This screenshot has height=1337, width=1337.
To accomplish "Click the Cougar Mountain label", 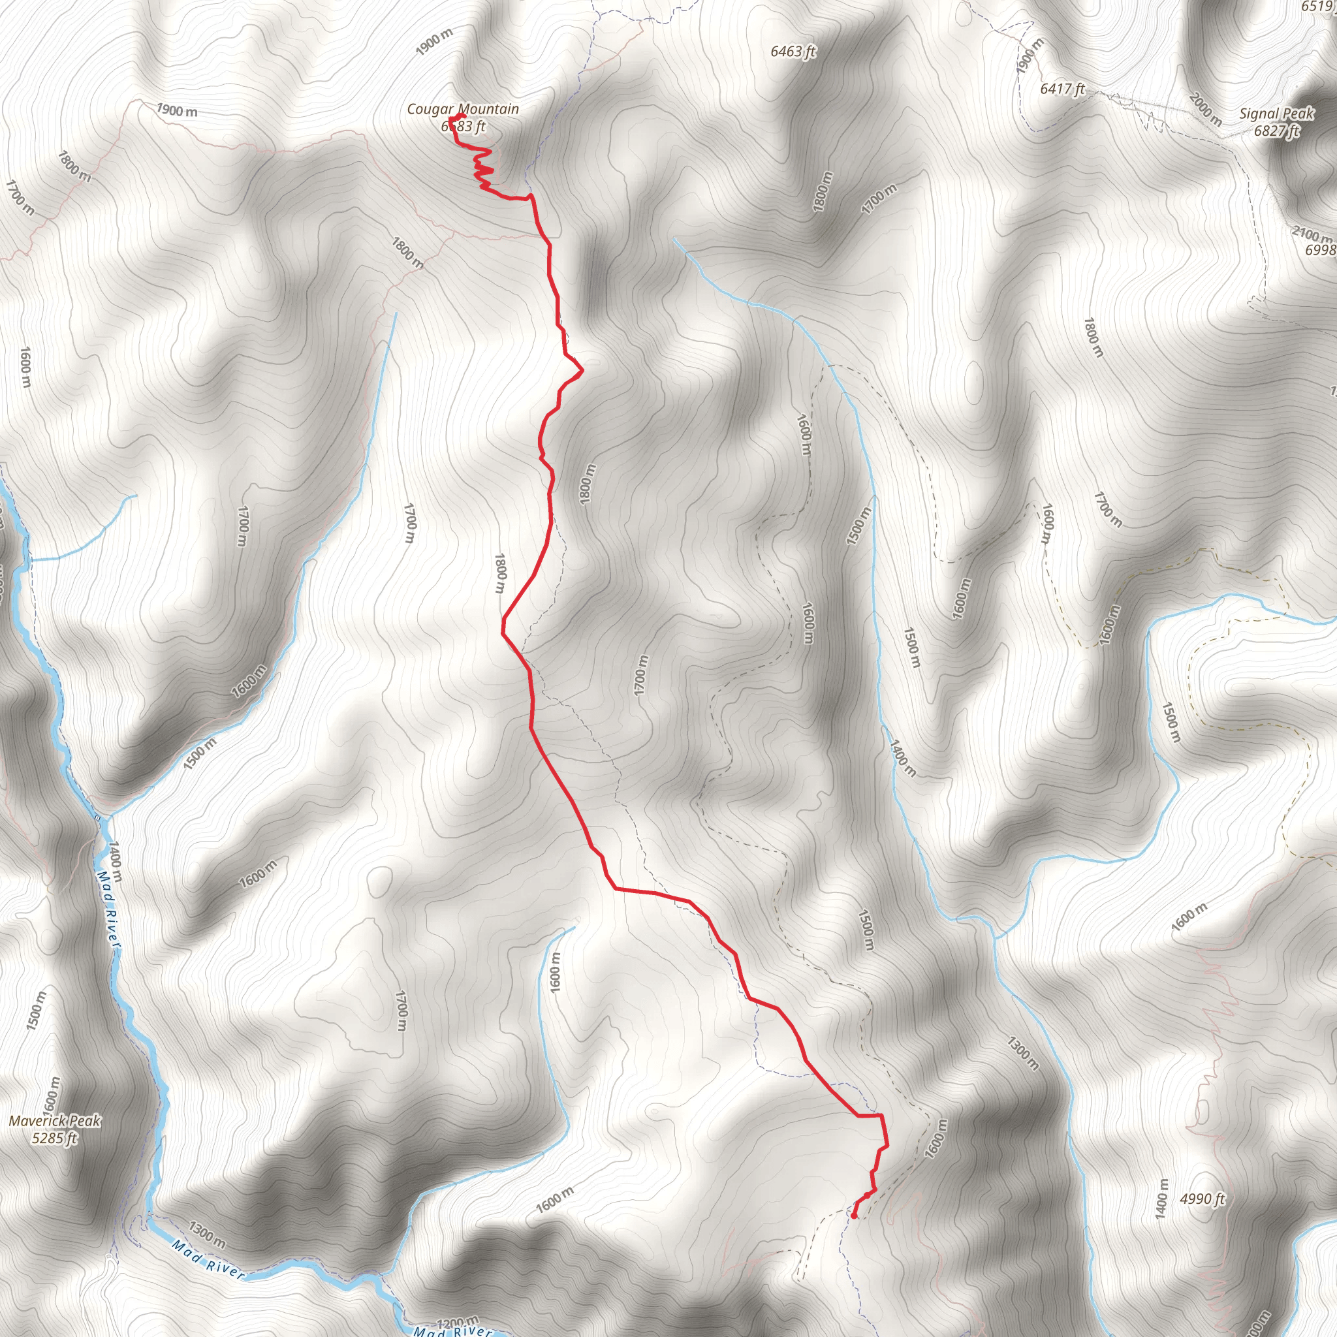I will pyautogui.click(x=462, y=108).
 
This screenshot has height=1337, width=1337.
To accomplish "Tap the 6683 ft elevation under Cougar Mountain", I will pyautogui.click(x=464, y=126).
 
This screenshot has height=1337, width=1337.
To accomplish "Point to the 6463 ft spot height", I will pyautogui.click(x=793, y=51).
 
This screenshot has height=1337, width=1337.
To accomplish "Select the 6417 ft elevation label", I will pyautogui.click(x=1062, y=89).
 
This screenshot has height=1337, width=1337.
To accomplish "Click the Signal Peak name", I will pyautogui.click(x=1276, y=114).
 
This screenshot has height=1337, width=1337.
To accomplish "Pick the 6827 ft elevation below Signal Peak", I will pyautogui.click(x=1277, y=130).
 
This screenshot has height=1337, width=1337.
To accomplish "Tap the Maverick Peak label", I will pyautogui.click(x=55, y=1120).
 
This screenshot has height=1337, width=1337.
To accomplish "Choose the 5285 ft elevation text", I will pyautogui.click(x=55, y=1138).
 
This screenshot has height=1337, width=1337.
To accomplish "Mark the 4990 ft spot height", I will pyautogui.click(x=1202, y=1199).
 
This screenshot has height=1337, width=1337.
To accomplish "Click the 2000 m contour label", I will pyautogui.click(x=1206, y=108).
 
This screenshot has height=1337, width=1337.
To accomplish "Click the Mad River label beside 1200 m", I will pyautogui.click(x=453, y=1330).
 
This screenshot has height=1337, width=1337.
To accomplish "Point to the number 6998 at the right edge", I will pyautogui.click(x=1321, y=250).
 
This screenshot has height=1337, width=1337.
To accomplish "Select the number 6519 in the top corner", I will pyautogui.click(x=1318, y=7).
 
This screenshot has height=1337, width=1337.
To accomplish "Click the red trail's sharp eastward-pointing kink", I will pyautogui.click(x=582, y=370).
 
